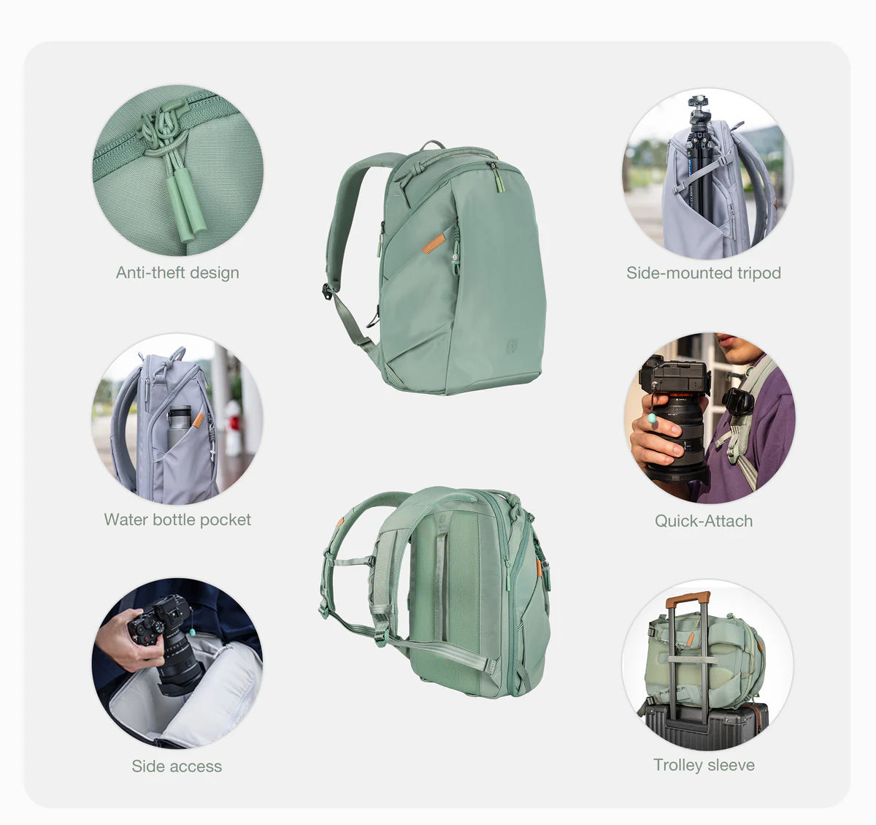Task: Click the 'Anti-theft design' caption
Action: click(177, 273)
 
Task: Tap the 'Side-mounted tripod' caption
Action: click(704, 273)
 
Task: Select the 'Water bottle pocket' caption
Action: click(177, 520)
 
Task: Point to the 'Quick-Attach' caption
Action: click(704, 521)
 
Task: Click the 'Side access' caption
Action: click(177, 767)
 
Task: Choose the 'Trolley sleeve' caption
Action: click(704, 765)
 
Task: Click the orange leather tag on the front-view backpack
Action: click(434, 243)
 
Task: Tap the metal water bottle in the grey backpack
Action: click(179, 426)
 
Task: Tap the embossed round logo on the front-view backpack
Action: click(512, 345)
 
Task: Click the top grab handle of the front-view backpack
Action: click(433, 145)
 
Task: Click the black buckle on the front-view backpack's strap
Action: click(327, 292)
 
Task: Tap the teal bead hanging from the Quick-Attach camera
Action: click(651, 418)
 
